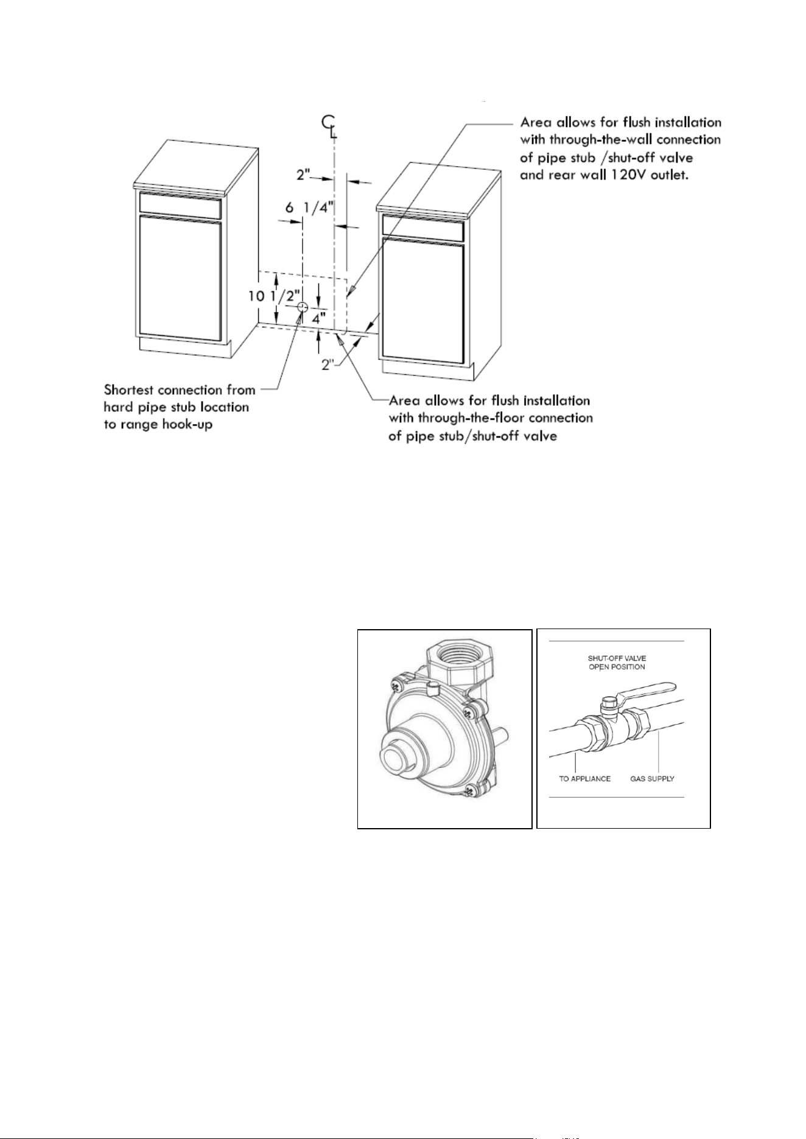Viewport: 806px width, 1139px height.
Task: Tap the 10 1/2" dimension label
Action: click(x=275, y=297)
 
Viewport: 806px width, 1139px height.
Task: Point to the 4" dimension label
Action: click(x=320, y=318)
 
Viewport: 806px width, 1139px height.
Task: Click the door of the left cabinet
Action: click(x=179, y=277)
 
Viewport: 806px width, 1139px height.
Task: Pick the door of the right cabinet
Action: click(x=423, y=301)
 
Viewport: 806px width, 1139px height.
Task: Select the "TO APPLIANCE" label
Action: click(x=584, y=779)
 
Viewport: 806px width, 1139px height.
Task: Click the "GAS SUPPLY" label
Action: click(x=652, y=779)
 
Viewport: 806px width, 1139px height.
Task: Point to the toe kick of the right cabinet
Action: click(x=427, y=370)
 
